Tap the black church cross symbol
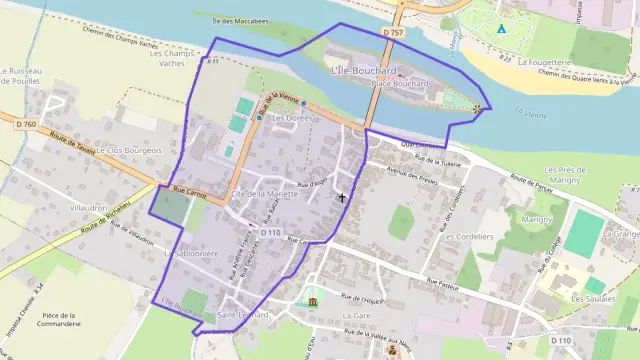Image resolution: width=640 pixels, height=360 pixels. tap(342, 197)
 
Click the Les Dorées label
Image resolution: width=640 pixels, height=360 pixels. tap(292, 117)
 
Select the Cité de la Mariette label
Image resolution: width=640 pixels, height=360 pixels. tap(264, 193)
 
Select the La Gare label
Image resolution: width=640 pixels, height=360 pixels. tap(355, 315)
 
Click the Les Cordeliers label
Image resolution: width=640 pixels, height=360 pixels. tap(469, 237)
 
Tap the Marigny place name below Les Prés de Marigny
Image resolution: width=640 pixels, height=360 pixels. tap(536, 218)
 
